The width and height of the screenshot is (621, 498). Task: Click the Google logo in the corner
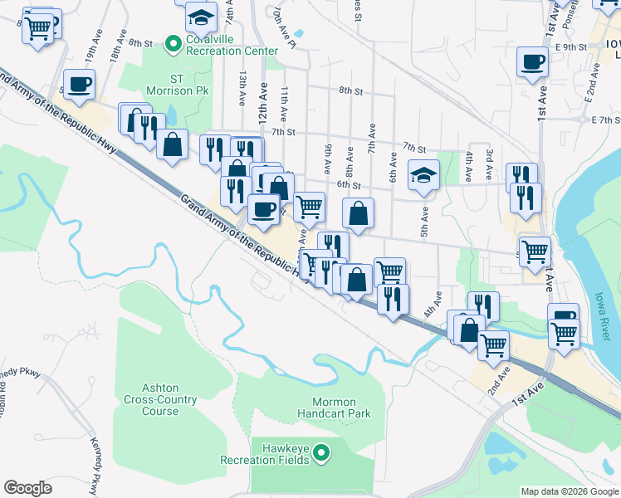point(27,487)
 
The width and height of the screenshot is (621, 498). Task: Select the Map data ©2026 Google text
point(569,491)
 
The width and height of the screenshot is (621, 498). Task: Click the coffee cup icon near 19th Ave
point(79,85)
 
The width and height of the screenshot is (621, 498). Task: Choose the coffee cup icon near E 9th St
point(532,61)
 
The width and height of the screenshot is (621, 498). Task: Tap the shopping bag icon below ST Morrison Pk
point(172,144)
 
